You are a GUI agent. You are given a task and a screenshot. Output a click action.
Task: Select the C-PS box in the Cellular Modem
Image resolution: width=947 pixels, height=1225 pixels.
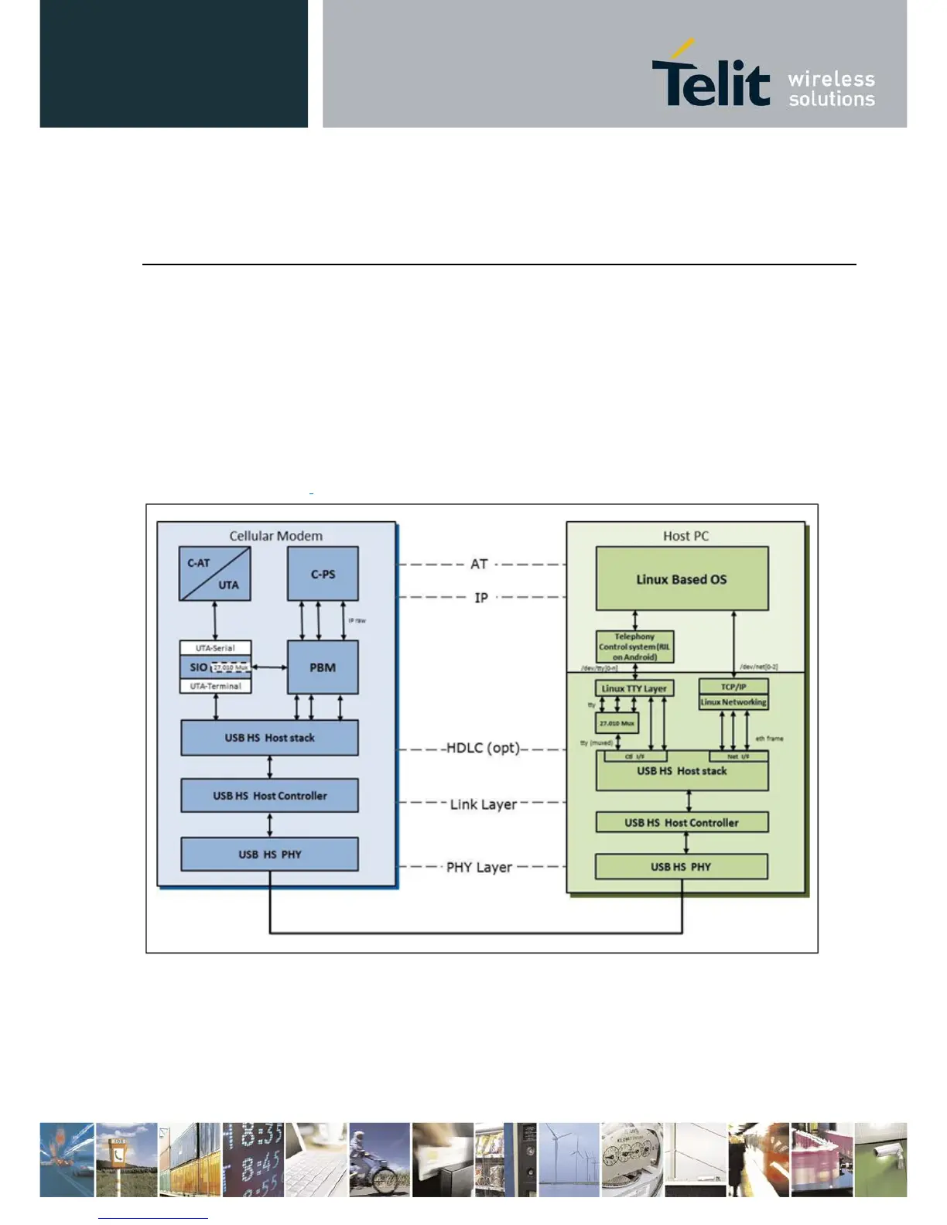tap(323, 574)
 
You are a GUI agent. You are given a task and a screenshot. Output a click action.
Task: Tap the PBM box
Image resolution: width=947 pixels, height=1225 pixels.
tap(323, 667)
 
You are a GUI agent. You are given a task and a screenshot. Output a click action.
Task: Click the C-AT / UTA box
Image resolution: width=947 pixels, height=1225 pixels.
tap(214, 574)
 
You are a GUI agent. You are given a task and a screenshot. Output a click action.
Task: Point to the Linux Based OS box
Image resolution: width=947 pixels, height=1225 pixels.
tap(682, 579)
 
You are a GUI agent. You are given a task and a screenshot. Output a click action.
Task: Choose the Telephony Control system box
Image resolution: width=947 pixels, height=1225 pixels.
tap(634, 647)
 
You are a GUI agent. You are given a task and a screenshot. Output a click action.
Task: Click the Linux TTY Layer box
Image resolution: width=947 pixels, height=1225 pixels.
tap(634, 688)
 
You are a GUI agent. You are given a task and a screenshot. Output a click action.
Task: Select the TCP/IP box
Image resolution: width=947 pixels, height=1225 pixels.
tap(733, 686)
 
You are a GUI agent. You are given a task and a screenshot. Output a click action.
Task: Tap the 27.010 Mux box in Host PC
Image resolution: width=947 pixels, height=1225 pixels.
tap(617, 723)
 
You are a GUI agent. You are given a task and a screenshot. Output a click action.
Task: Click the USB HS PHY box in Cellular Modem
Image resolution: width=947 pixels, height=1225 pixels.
tap(269, 855)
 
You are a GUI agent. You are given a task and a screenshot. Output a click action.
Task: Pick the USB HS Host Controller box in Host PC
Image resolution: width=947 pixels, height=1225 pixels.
tap(682, 823)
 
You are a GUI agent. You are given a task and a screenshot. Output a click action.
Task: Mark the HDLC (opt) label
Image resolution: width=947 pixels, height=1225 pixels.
tap(483, 749)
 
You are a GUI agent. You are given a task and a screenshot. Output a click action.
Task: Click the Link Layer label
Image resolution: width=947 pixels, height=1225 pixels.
tap(483, 804)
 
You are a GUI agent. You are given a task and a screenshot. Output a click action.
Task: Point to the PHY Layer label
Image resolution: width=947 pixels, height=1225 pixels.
tap(479, 868)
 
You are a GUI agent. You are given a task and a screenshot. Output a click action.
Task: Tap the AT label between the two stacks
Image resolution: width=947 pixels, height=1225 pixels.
tap(479, 565)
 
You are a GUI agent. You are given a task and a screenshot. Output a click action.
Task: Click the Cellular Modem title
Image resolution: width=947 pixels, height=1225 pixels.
tap(275, 536)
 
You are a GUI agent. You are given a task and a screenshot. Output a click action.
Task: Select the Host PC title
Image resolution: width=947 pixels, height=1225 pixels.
tap(685, 536)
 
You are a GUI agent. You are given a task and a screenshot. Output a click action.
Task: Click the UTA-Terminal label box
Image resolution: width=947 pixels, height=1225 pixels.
tap(215, 686)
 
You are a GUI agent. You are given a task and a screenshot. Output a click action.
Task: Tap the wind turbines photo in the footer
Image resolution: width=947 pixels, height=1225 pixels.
tap(569, 1160)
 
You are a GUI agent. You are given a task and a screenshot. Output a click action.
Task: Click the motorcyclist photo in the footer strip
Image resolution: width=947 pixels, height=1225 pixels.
tap(379, 1160)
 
